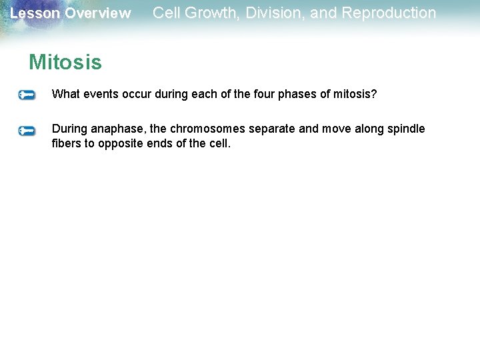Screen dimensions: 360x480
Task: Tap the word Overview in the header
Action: click(x=97, y=13)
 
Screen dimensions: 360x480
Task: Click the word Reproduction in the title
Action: click(x=389, y=13)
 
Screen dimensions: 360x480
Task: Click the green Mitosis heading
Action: click(x=65, y=63)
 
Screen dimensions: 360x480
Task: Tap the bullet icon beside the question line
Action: click(x=27, y=95)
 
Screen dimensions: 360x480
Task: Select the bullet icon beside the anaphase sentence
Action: click(x=27, y=131)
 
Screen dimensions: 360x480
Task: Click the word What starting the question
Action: click(x=65, y=94)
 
